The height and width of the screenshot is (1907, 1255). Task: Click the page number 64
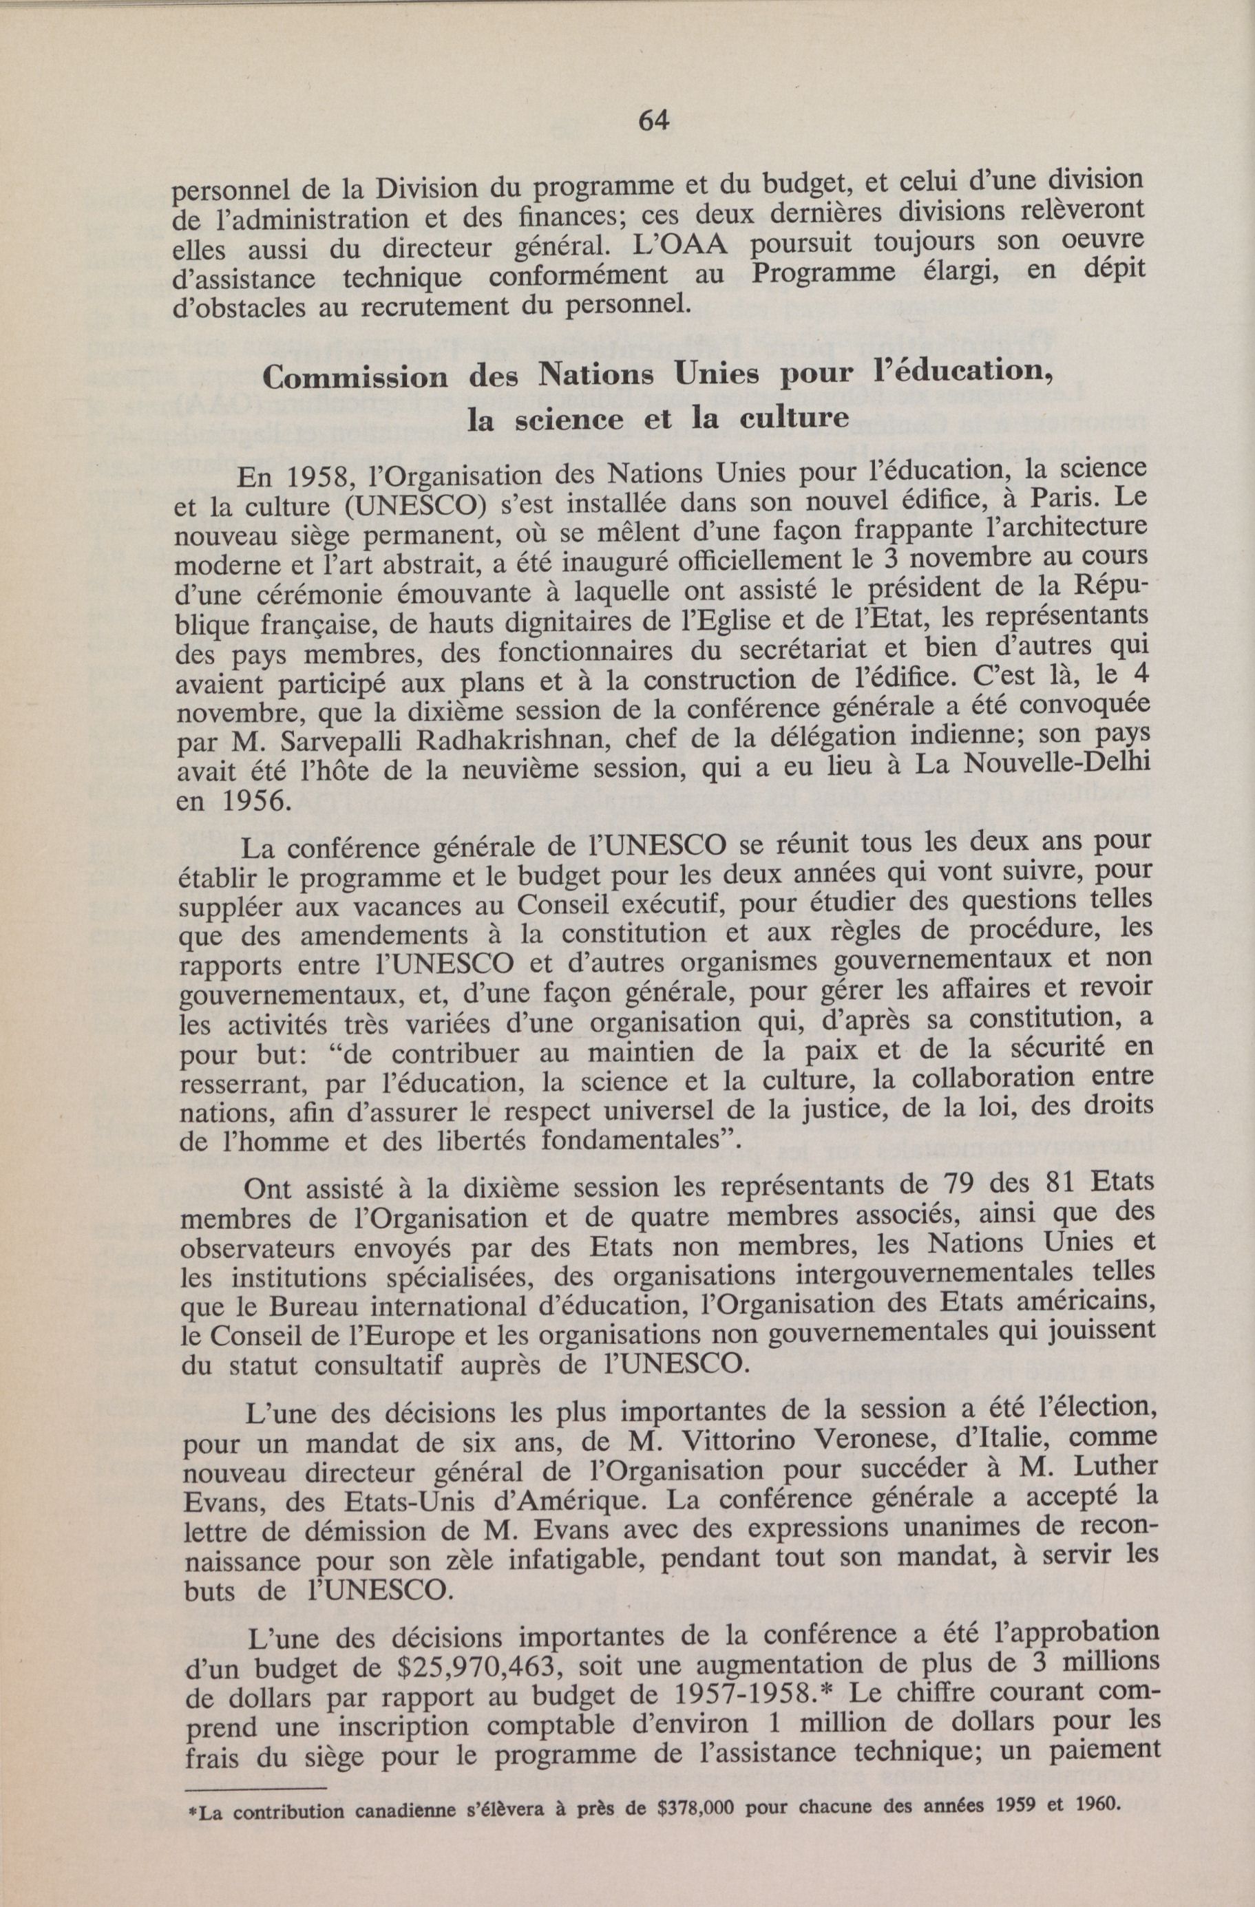point(653,120)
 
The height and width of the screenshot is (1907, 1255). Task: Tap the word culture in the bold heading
point(793,418)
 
